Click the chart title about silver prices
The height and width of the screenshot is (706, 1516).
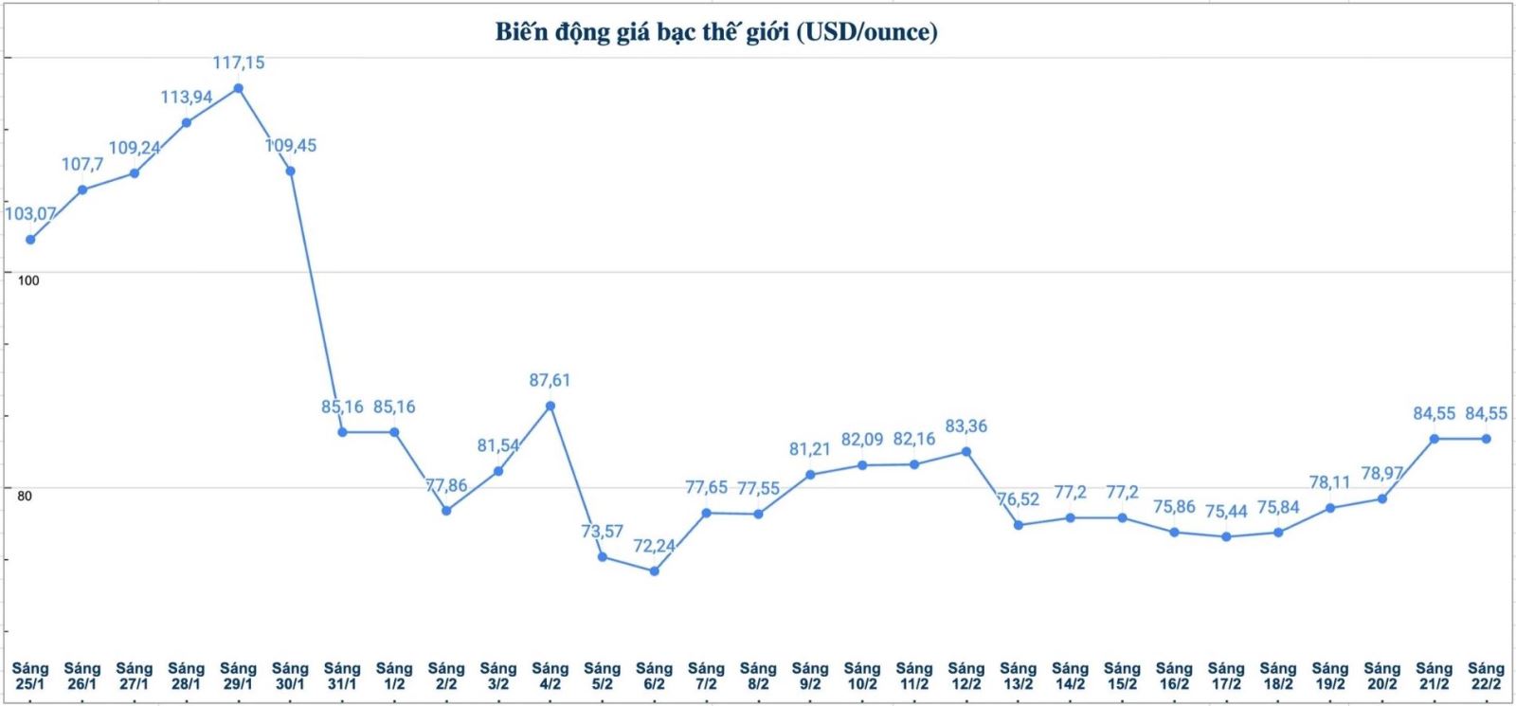pos(716,32)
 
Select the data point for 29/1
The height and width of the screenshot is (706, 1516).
pos(239,88)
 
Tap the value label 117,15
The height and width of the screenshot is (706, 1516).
pos(239,63)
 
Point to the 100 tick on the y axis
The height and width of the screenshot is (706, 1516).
pos(28,281)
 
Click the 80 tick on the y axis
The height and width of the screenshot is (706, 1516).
pos(25,496)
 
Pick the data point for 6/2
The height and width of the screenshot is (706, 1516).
pos(654,570)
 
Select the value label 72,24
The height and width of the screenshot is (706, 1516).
pos(654,546)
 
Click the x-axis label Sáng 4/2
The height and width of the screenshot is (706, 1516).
pos(550,676)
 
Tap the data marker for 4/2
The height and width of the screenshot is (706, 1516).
pos(550,406)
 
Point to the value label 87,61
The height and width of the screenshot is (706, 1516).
pos(550,380)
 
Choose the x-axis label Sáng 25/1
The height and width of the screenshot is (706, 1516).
pos(30,676)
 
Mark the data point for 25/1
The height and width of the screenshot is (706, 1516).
pos(30,240)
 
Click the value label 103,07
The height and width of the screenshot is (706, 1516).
pos(30,214)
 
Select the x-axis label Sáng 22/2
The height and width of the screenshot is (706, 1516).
pos(1486,676)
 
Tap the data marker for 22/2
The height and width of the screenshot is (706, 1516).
pos(1486,439)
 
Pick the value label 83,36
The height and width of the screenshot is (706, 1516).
pos(966,426)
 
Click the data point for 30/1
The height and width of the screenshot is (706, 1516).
pos(290,171)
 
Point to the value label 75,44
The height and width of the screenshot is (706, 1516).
pos(1226,512)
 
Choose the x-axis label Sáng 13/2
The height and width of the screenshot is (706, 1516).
pos(1018,676)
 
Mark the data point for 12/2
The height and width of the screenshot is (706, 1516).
pos(966,451)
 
